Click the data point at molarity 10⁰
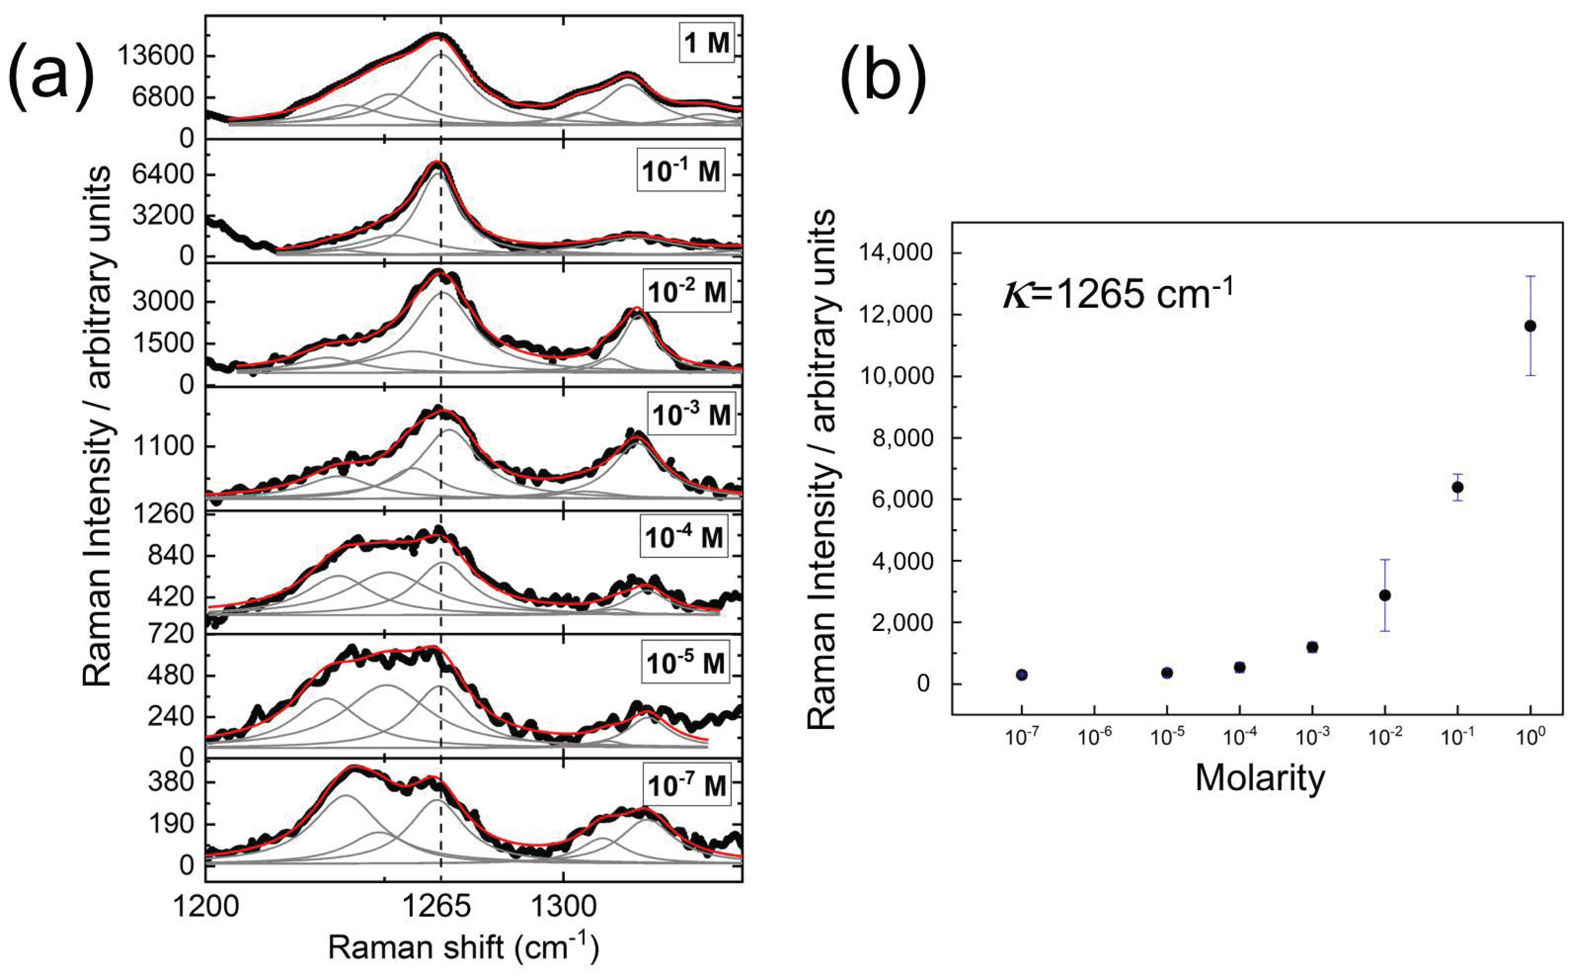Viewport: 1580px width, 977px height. tap(1530, 326)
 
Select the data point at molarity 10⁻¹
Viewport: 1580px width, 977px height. tap(1457, 487)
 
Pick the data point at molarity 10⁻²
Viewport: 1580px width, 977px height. tap(1384, 595)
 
